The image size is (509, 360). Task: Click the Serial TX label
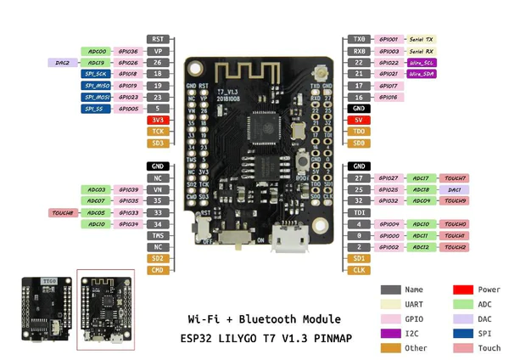pyautogui.click(x=422, y=39)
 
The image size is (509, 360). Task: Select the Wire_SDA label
pyautogui.click(x=422, y=74)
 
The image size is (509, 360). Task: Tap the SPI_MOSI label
pyautogui.click(x=97, y=98)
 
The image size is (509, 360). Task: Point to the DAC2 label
pyautogui.click(x=63, y=62)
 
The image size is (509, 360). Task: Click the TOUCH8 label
pyautogui.click(x=63, y=212)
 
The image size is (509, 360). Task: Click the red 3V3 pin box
pyautogui.click(x=158, y=121)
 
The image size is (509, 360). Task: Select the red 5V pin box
pyautogui.click(x=359, y=121)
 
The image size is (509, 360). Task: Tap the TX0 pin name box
pyautogui.click(x=359, y=39)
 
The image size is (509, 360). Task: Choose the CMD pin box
pyautogui.click(x=158, y=270)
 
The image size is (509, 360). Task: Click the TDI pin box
pyautogui.click(x=359, y=212)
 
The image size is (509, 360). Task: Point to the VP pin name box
pyautogui.click(x=158, y=51)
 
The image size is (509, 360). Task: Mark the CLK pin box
pyautogui.click(x=359, y=270)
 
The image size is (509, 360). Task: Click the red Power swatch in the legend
pyautogui.click(x=463, y=290)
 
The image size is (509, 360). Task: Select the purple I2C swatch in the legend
pyautogui.click(x=390, y=333)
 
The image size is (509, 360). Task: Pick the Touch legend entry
pyautogui.click(x=489, y=348)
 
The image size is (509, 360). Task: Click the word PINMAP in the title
pyautogui.click(x=322, y=338)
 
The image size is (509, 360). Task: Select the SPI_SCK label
pyautogui.click(x=97, y=74)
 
